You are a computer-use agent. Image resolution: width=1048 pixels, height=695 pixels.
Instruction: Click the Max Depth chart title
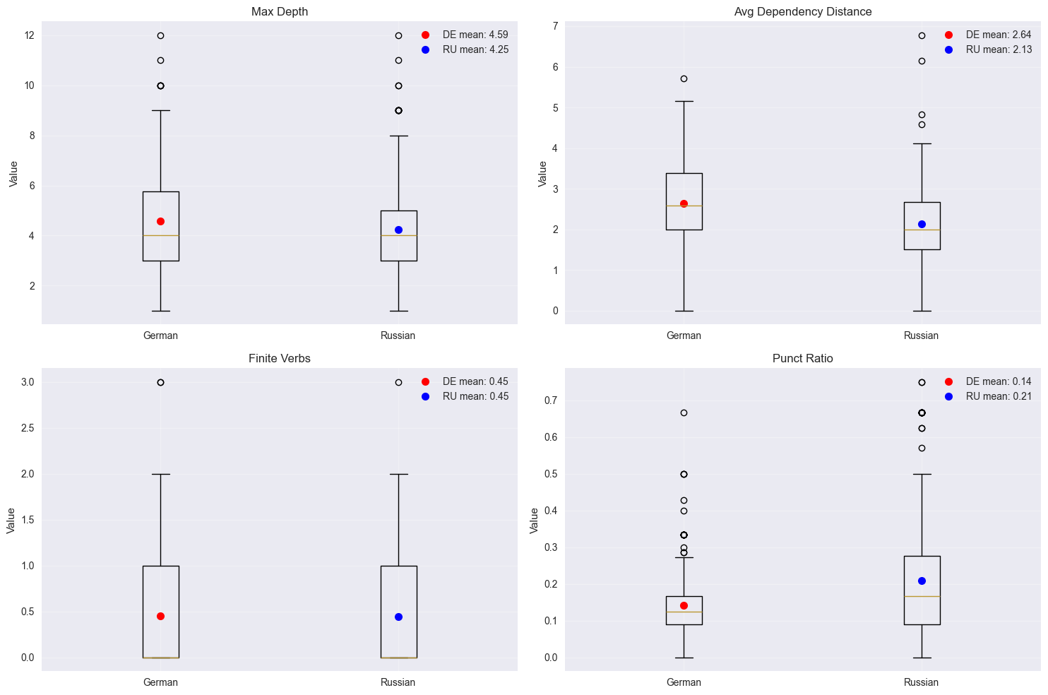click(x=279, y=12)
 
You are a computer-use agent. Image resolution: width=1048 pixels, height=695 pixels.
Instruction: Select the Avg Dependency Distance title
click(x=803, y=12)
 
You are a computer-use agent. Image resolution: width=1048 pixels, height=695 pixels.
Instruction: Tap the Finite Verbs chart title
click(x=279, y=359)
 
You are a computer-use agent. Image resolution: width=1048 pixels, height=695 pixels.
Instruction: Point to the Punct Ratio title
click(x=803, y=359)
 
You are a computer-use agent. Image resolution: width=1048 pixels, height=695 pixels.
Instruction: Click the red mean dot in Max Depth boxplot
click(x=160, y=221)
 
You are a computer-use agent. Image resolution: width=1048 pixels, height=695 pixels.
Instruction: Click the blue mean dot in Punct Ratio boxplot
click(x=922, y=581)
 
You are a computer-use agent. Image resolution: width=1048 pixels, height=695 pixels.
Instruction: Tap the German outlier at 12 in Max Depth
click(x=160, y=35)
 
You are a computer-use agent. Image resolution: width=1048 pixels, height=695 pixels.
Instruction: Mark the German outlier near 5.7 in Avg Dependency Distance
click(x=684, y=78)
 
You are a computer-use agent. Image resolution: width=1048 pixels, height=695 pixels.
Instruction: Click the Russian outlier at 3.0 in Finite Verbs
click(x=398, y=382)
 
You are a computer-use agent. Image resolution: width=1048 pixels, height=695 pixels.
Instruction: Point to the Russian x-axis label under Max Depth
click(x=398, y=335)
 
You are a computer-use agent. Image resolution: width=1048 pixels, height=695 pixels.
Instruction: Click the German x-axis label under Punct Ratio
click(x=684, y=682)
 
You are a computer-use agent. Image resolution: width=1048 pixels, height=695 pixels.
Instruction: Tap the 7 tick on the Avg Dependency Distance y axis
click(x=555, y=27)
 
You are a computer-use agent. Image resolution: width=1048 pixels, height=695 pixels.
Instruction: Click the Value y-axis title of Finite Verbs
click(x=11, y=520)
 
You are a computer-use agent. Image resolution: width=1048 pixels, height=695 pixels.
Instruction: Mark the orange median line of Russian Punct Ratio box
click(x=922, y=596)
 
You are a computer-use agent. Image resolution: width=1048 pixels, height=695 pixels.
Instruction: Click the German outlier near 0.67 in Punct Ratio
click(x=684, y=412)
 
